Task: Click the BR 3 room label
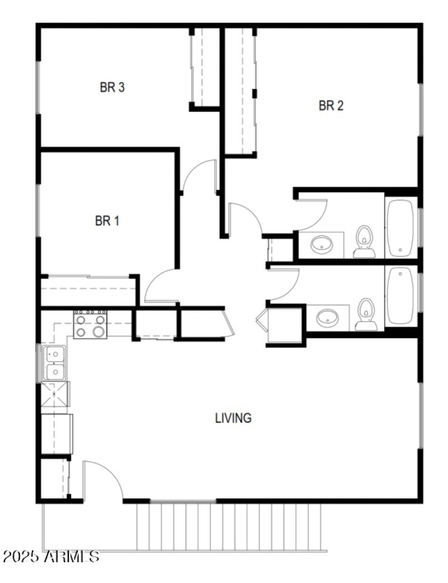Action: click(112, 87)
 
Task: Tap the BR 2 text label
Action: click(330, 106)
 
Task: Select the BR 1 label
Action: click(107, 221)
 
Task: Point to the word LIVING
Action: click(233, 418)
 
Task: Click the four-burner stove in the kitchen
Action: click(90, 324)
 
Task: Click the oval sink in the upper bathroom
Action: click(322, 244)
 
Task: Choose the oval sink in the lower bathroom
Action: click(327, 318)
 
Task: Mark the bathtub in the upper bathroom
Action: click(400, 227)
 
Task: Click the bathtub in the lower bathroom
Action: click(400, 295)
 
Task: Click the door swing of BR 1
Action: click(160, 286)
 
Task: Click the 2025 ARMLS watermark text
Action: click(52, 557)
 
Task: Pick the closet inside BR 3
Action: click(205, 67)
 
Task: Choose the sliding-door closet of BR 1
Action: click(88, 291)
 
